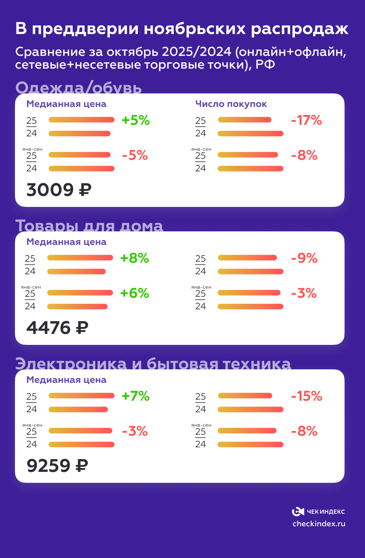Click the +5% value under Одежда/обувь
(x=135, y=120)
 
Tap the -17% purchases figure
(x=306, y=120)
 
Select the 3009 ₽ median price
(x=59, y=190)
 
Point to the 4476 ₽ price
(x=57, y=328)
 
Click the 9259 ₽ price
(x=57, y=466)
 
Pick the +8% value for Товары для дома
(x=134, y=258)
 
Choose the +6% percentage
(x=134, y=293)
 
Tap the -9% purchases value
(x=304, y=258)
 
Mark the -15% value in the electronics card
(x=306, y=396)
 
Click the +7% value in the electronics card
(x=135, y=396)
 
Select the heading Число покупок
(x=231, y=104)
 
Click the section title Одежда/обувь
(x=78, y=88)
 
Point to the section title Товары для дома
(x=89, y=226)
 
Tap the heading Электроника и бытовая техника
(x=153, y=364)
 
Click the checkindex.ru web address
(x=319, y=524)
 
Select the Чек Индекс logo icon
(x=298, y=512)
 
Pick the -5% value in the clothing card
(x=135, y=155)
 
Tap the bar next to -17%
(x=245, y=120)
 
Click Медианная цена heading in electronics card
(x=66, y=380)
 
